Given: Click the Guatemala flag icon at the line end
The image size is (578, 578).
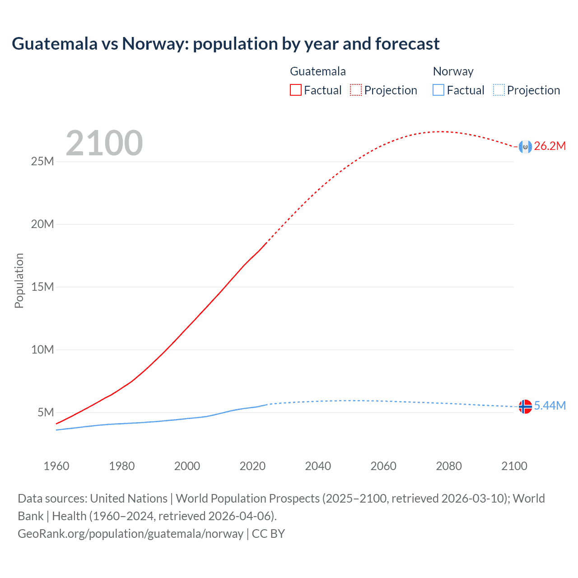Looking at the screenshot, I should click(525, 147).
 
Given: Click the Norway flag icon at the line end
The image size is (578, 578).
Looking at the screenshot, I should click(525, 406).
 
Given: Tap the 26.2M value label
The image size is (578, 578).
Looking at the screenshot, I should click(550, 146).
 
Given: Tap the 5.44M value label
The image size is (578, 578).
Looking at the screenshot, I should click(550, 406).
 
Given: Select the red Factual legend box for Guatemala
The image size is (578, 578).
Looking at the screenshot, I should click(295, 90).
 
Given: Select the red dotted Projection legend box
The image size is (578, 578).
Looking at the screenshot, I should click(356, 90).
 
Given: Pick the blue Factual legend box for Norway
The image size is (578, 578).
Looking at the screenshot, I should click(438, 90).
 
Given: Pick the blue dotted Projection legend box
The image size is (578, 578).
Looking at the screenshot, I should click(499, 90).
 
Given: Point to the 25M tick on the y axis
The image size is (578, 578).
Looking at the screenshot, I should click(42, 162).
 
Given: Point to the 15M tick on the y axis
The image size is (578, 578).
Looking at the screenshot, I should click(42, 287).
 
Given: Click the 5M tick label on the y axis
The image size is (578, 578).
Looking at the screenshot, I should click(45, 413).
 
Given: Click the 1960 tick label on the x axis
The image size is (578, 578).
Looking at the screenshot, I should click(56, 466).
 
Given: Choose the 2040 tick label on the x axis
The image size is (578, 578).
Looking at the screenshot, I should click(318, 466).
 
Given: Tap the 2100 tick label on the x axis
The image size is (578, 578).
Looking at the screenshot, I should click(514, 466).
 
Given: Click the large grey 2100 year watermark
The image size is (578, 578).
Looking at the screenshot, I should click(104, 143).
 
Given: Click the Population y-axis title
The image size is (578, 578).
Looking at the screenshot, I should click(19, 280).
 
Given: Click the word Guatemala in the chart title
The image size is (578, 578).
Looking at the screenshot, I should click(54, 44).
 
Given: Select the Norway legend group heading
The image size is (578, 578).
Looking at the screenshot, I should click(453, 71).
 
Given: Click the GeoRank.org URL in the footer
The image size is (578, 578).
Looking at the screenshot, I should click(131, 534).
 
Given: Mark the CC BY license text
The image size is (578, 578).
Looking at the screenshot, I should click(268, 534).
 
